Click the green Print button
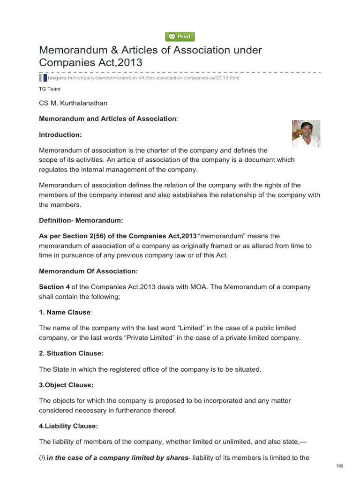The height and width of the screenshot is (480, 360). pyautogui.click(x=180, y=37)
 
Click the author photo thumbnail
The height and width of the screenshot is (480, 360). pyautogui.click(x=306, y=134)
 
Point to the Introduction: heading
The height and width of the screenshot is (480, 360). pyautogui.click(x=60, y=135)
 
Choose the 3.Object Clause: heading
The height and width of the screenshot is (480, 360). pyautogui.click(x=66, y=385)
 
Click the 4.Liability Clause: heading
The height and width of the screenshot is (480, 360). pyautogui.click(x=68, y=426)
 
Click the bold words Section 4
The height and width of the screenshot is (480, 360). pyautogui.click(x=53, y=286)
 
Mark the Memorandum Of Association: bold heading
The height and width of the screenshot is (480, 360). pyautogui.click(x=89, y=270)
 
